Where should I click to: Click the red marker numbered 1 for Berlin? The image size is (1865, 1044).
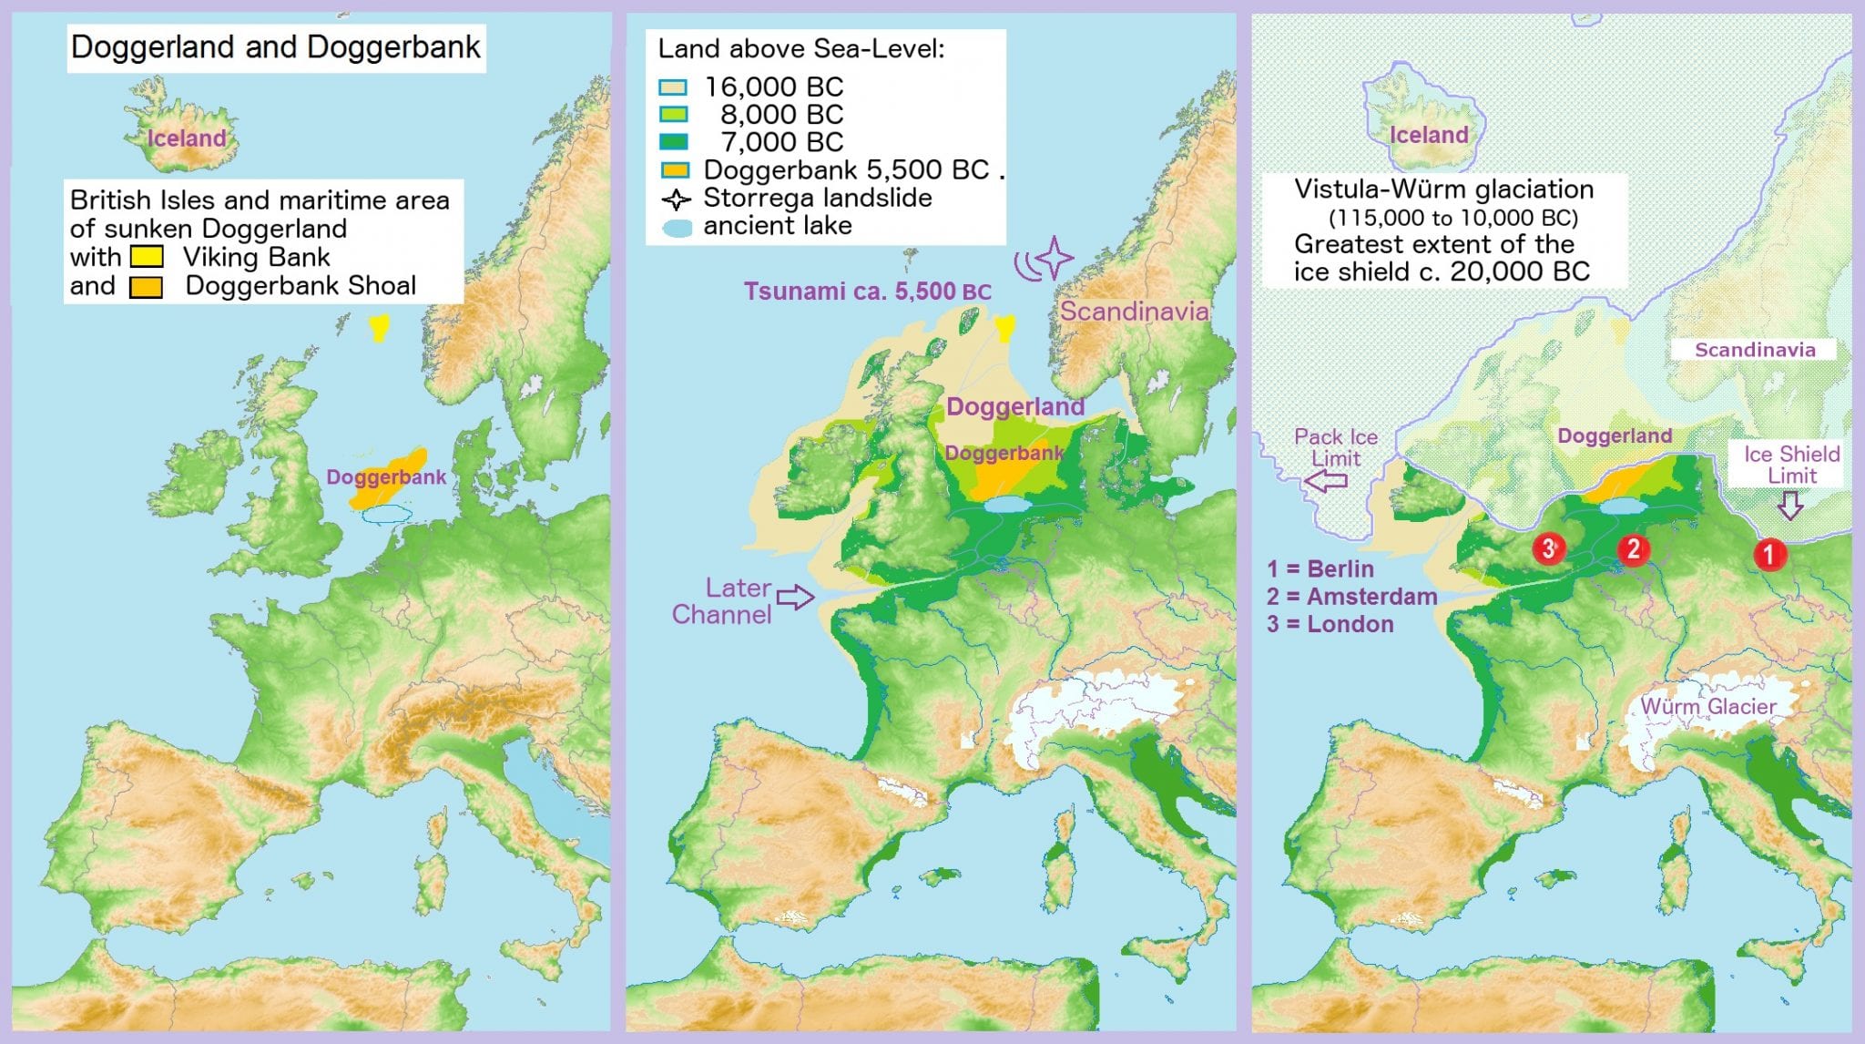1768,553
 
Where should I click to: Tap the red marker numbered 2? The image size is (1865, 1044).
1633,548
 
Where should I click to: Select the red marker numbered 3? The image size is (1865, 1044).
1548,548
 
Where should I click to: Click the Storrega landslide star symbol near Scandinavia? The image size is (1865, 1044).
1055,258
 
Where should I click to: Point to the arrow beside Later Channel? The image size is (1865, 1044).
795,598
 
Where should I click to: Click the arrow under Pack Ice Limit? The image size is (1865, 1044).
1328,480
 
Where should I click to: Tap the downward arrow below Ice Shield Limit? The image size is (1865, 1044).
1790,506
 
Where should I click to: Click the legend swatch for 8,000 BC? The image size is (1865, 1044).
673,115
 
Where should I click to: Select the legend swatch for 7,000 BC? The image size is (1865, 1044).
673,142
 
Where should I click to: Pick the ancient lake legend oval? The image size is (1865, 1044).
678,228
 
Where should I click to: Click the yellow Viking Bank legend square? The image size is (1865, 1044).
147,257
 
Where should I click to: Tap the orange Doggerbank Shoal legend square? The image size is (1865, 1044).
146,287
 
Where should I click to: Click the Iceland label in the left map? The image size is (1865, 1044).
187,138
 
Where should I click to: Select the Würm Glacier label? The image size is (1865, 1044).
1708,707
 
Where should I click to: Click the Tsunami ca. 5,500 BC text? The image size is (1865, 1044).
867,292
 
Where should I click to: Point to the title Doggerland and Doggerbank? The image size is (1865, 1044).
275,47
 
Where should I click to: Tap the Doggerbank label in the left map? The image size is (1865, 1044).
386,477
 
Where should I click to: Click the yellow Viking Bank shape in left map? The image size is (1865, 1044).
378,326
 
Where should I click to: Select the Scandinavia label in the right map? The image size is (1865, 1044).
1754,350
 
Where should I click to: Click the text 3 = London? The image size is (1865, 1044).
1330,625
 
